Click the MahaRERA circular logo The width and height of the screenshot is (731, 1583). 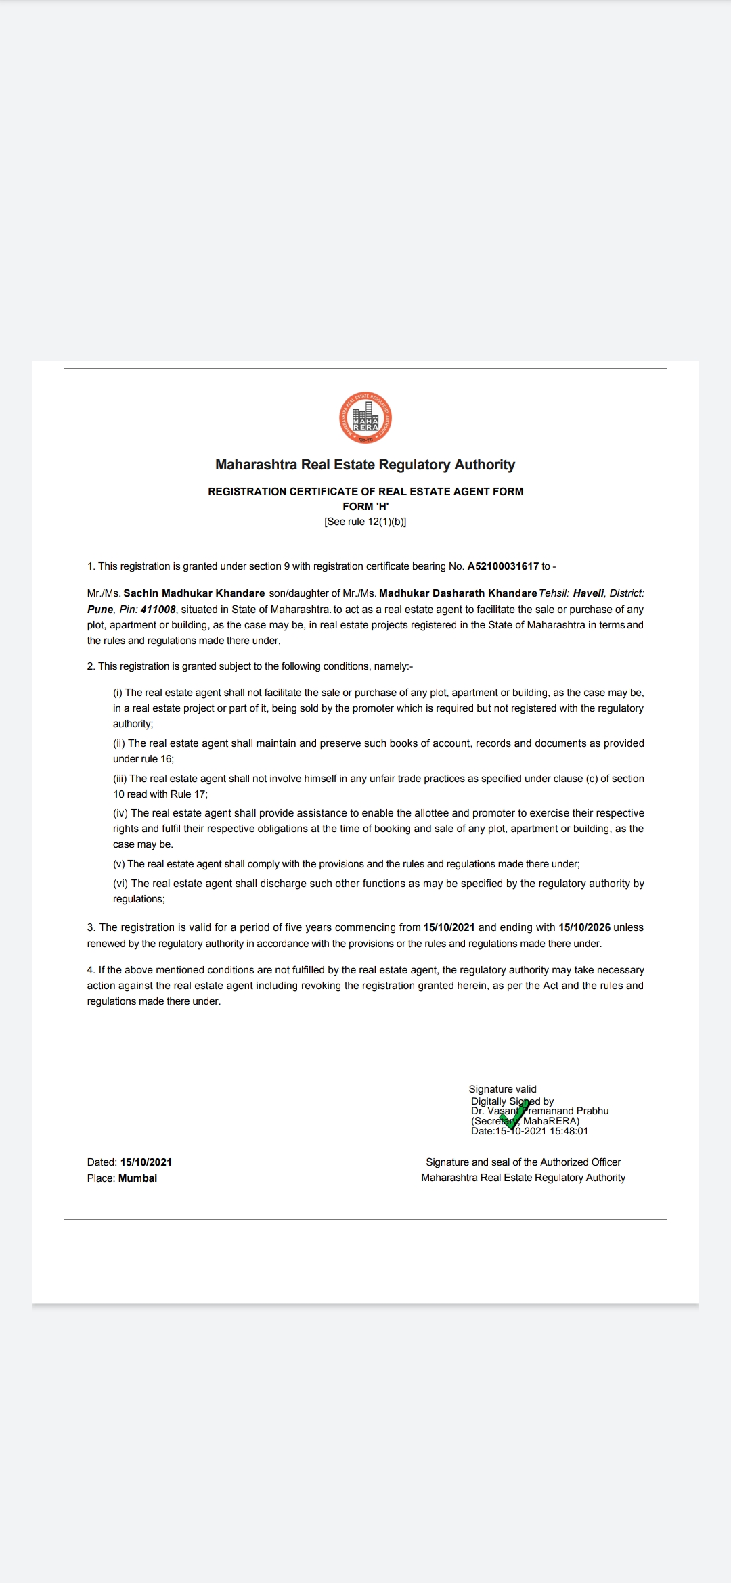coord(365,417)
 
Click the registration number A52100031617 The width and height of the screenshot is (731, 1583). coord(503,566)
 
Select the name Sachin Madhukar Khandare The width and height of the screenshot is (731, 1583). coord(194,593)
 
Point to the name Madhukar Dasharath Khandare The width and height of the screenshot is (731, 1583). coord(458,593)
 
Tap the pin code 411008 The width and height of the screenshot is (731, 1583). coord(158,610)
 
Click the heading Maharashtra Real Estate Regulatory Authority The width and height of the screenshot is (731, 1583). coord(365,465)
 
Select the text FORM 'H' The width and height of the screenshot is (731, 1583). coord(365,507)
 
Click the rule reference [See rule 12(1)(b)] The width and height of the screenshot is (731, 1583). coord(365,522)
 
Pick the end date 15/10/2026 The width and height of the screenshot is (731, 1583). coord(584,927)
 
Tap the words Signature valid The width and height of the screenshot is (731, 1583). coord(502,1089)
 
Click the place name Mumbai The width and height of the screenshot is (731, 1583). coord(137,1178)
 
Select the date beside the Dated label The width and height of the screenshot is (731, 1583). coord(146,1162)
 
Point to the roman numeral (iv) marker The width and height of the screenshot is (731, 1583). coord(120,813)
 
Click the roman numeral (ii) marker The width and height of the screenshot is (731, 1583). coord(119,743)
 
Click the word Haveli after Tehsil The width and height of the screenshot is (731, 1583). coord(588,593)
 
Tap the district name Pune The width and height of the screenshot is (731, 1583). coord(100,610)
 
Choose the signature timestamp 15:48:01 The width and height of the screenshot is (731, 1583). coord(569,1131)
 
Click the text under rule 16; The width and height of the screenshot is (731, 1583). coord(143,759)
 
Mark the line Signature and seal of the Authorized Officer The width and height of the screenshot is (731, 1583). coord(523,1162)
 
